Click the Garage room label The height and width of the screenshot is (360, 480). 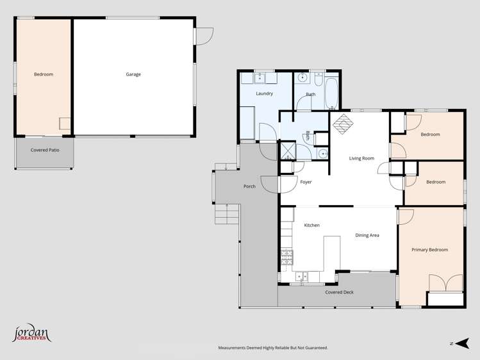click(x=133, y=74)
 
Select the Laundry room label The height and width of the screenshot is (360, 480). click(x=264, y=94)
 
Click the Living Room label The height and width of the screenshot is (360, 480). click(x=361, y=158)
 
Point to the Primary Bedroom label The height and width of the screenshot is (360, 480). click(x=429, y=250)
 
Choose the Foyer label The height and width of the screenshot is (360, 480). click(x=306, y=183)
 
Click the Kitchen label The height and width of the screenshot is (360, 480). click(x=311, y=225)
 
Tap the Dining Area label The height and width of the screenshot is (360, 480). click(x=367, y=235)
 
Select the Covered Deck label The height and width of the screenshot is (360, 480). click(x=339, y=292)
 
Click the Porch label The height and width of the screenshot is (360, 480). click(x=249, y=186)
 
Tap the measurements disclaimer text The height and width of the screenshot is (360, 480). click(x=273, y=348)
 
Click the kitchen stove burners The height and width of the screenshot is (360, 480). click(x=286, y=258)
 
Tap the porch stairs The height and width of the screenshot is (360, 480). click(x=227, y=213)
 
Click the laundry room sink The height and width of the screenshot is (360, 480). click(x=260, y=79)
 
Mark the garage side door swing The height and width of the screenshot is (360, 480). click(x=204, y=37)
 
